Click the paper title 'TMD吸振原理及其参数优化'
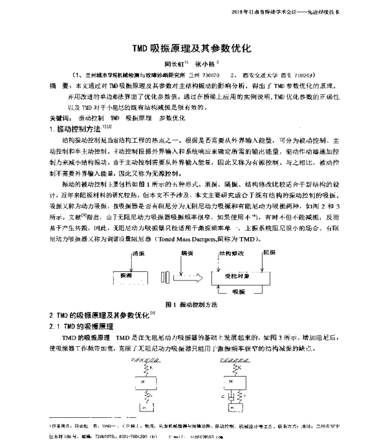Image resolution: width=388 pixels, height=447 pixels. click(x=193, y=48)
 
